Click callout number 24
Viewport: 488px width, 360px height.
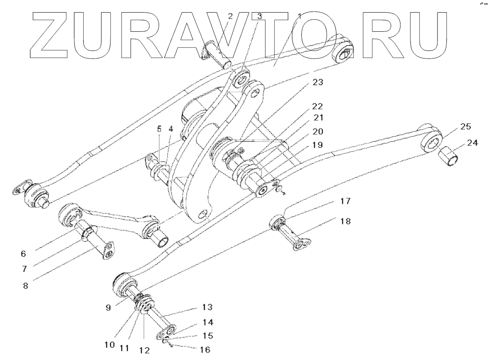pyautogui.click(x=472, y=144)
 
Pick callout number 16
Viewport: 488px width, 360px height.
pyautogui.click(x=205, y=349)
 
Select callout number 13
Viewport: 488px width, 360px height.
pyautogui.click(x=207, y=307)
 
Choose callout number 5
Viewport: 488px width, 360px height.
pyautogui.click(x=159, y=128)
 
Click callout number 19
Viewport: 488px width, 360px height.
pyautogui.click(x=317, y=145)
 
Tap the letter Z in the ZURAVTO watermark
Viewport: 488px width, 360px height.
pyautogui.click(x=51, y=31)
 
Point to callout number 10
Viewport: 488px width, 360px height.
pyautogui.click(x=109, y=345)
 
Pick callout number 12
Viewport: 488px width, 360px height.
pyautogui.click(x=144, y=349)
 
